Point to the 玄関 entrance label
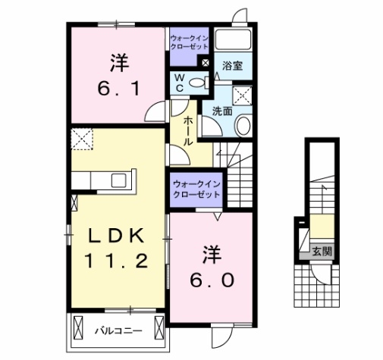[x=320, y=251]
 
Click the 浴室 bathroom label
[x=232, y=66]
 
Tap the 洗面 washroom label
[x=221, y=111]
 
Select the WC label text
[x=179, y=82]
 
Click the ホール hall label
[x=187, y=132]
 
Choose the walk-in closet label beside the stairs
[x=195, y=188]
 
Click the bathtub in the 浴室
[x=234, y=39]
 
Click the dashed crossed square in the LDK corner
[x=80, y=139]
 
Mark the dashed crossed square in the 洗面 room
[x=243, y=95]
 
